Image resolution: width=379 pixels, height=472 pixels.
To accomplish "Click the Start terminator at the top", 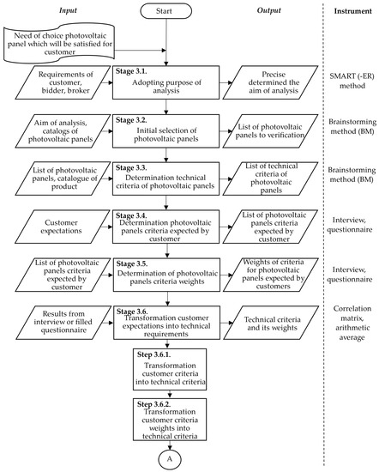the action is pyautogui.click(x=165, y=11).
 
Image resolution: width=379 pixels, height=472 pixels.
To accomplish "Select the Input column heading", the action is pyautogui.click(x=68, y=10).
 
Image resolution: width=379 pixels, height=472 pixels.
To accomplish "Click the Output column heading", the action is pyautogui.click(x=269, y=10).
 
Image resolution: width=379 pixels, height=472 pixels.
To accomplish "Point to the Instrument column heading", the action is pyautogui.click(x=352, y=11).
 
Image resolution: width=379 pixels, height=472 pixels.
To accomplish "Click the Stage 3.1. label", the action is pyautogui.click(x=131, y=71).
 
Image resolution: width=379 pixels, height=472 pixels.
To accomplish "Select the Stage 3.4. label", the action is pyautogui.click(x=131, y=215).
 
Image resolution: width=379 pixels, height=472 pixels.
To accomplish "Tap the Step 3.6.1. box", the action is pyautogui.click(x=170, y=369).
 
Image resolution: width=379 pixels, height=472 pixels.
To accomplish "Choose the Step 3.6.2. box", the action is pyautogui.click(x=170, y=420).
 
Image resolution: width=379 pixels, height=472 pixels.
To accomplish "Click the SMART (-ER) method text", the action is pyautogui.click(x=352, y=81).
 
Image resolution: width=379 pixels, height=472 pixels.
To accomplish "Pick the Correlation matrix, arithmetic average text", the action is pyautogui.click(x=352, y=323).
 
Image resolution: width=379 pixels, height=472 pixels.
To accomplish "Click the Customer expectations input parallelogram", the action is pyautogui.click(x=63, y=227).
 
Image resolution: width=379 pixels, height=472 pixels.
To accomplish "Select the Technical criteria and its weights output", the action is pyautogui.click(x=271, y=323).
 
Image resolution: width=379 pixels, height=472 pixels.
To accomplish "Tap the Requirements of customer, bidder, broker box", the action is pyautogui.click(x=63, y=82).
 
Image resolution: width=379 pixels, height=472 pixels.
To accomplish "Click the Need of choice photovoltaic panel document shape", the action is pyautogui.click(x=59, y=43).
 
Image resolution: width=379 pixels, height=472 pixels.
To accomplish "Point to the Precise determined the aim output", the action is pyautogui.click(x=270, y=82).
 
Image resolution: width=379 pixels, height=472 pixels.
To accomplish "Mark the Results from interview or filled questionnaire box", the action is pyautogui.click(x=63, y=323).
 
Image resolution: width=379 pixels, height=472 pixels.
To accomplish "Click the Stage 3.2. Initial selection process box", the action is pyautogui.click(x=166, y=131).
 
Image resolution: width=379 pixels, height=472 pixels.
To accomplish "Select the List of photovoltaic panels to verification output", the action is pyautogui.click(x=270, y=131).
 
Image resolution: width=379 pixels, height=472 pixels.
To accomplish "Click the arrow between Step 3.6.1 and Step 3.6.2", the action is pyautogui.click(x=170, y=395).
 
